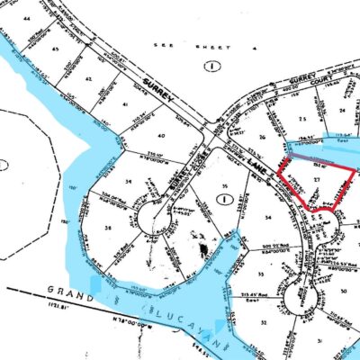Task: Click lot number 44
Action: click(27, 18)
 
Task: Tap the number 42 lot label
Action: click(88, 79)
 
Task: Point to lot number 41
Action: click(124, 105)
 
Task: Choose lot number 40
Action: click(163, 137)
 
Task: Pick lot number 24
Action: click(341, 111)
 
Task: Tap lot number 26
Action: click(262, 137)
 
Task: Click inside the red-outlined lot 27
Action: click(312, 182)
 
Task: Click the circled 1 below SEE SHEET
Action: click(211, 66)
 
